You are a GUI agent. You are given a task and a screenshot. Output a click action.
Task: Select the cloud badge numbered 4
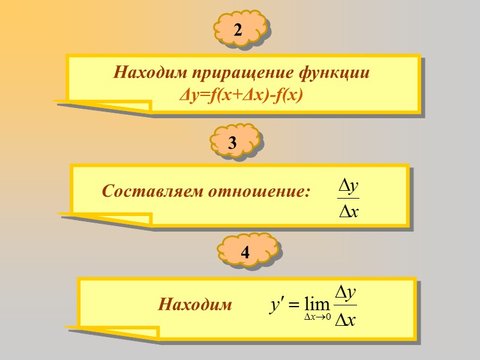[x=245, y=253]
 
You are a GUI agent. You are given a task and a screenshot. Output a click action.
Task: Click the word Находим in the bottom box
[x=195, y=305]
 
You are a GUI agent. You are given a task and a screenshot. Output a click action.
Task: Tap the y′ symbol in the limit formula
[x=275, y=305]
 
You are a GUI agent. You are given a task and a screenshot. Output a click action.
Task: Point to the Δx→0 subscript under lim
[x=317, y=317]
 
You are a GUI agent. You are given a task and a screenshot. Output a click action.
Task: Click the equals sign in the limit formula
[x=293, y=305]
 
